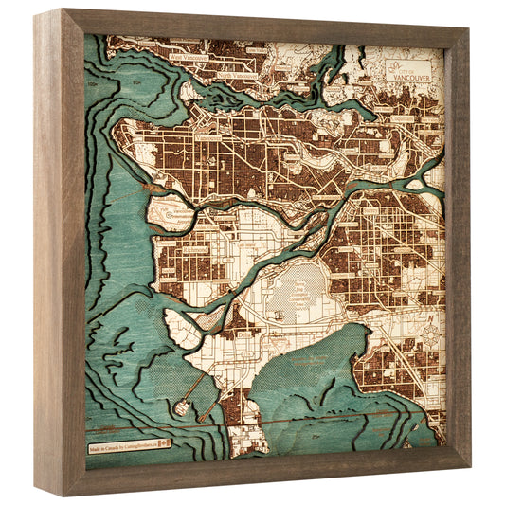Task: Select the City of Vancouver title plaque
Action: [x=407, y=69]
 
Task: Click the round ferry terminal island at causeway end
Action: [x=181, y=407]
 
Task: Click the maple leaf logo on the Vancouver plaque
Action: [x=395, y=63]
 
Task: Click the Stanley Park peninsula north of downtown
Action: [x=189, y=95]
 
